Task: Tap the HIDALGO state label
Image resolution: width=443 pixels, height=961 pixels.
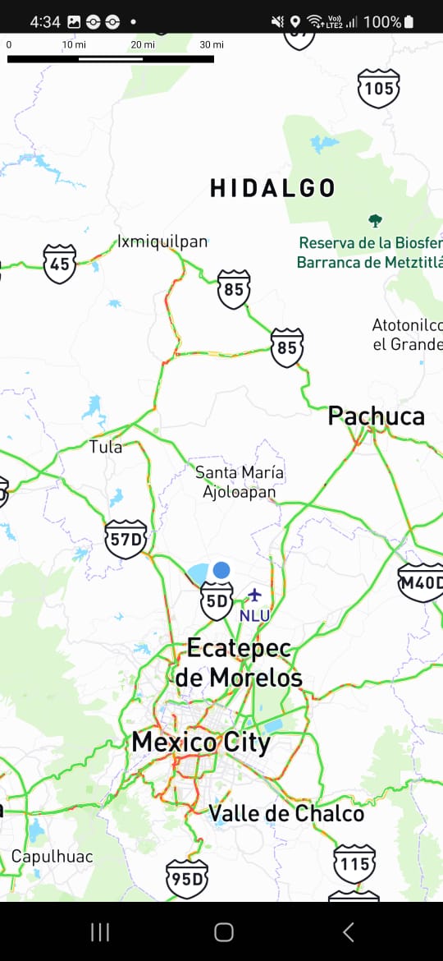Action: click(272, 188)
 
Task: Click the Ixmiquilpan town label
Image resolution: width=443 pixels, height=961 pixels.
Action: click(162, 241)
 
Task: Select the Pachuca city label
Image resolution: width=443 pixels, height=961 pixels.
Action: click(377, 416)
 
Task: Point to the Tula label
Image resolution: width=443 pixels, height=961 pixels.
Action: click(106, 447)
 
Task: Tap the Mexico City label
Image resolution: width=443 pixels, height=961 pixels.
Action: click(201, 743)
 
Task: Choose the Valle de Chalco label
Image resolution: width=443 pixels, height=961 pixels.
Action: click(286, 813)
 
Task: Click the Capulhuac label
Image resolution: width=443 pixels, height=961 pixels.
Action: click(52, 857)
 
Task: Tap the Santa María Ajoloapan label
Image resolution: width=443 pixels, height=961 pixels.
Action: click(240, 482)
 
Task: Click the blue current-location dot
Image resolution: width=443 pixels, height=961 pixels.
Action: click(221, 569)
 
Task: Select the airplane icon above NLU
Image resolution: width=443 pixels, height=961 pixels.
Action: click(254, 594)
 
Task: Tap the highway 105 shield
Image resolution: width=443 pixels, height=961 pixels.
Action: click(378, 88)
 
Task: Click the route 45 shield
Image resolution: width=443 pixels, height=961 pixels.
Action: click(60, 264)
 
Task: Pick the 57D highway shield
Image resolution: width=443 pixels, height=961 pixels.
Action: click(126, 540)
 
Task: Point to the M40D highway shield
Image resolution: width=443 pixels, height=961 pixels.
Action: click(421, 582)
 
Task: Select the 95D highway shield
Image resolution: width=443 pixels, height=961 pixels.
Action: click(186, 879)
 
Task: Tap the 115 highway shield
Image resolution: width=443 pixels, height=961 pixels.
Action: click(354, 864)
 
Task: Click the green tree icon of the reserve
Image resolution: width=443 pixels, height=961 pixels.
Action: click(376, 220)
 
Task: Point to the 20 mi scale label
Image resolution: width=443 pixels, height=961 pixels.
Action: click(143, 44)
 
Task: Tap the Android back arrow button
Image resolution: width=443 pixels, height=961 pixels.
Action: click(348, 931)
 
